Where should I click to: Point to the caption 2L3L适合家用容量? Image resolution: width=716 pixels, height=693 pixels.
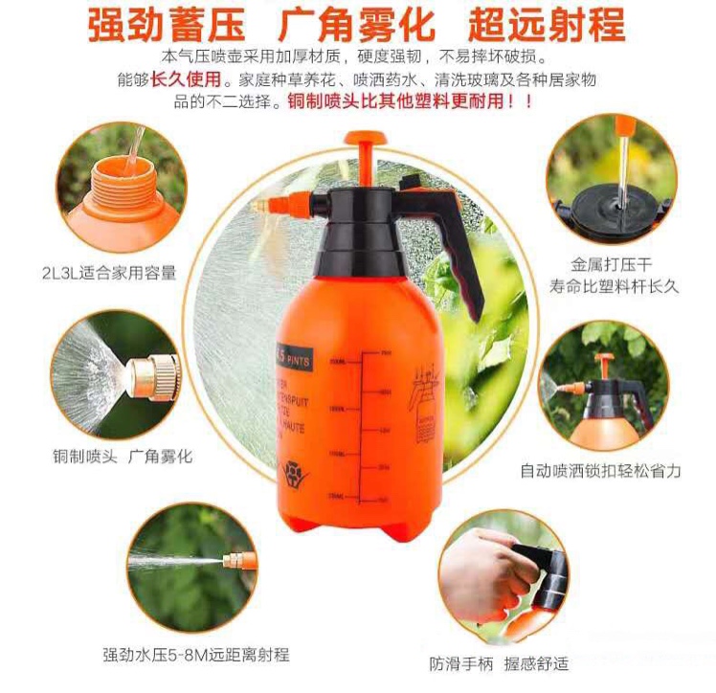[108, 273]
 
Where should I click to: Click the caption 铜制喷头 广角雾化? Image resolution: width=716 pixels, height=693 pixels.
[122, 457]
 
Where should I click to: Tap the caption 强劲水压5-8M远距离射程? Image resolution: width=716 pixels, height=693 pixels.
[195, 656]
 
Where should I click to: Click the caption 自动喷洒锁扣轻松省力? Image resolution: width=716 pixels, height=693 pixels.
[600, 471]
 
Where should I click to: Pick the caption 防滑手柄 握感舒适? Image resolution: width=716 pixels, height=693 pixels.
[512, 662]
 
